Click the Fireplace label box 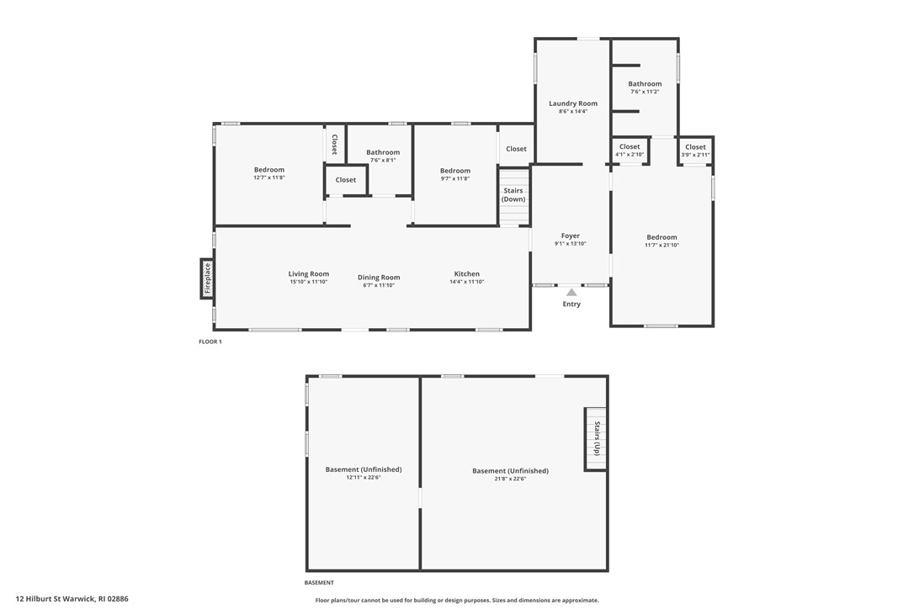coord(207,278)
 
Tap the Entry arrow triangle coord(571,293)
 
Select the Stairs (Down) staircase coord(513,196)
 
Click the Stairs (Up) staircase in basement coord(596,438)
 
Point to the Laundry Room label coord(573,103)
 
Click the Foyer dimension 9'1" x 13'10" coord(571,244)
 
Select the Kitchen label coord(466,273)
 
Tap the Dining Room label coord(379,277)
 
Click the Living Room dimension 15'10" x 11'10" coord(309,282)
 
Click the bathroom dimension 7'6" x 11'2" coord(645,92)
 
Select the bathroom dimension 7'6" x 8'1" coord(383,160)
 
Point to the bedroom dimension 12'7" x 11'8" coord(269,177)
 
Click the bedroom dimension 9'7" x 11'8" coord(454,178)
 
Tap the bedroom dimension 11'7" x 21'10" coord(662,245)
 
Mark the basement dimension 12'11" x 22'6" coord(364,477)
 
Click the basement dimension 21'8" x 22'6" coord(510,479)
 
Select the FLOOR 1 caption coord(210,342)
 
